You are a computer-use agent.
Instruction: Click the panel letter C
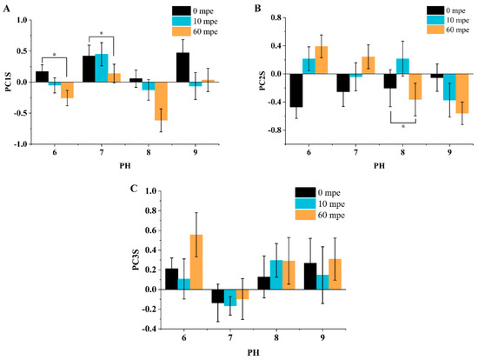[128, 185]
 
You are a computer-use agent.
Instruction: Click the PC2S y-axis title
[250, 74]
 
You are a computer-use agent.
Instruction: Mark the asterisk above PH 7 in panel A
[102, 34]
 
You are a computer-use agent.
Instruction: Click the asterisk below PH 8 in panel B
[405, 127]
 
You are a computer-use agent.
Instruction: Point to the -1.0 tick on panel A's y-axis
[28, 144]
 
